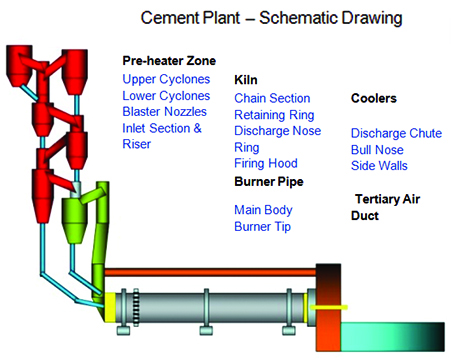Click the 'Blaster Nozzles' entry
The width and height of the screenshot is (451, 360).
(166, 112)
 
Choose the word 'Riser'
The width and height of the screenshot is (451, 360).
(137, 144)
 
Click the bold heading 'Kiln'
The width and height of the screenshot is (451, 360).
(245, 79)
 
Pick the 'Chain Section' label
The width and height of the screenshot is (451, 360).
(272, 98)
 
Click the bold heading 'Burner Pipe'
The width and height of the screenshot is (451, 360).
(268, 181)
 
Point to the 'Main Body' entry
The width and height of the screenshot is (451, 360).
(263, 210)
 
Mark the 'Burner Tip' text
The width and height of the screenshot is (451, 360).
(264, 226)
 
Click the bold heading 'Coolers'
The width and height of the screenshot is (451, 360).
(374, 98)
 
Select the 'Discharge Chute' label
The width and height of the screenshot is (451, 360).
(395, 133)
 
